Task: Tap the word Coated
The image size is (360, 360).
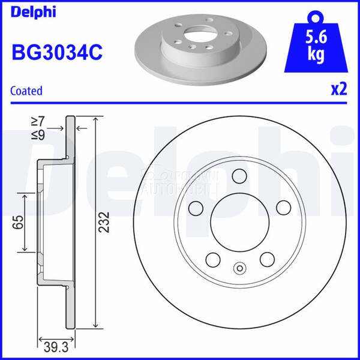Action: click(x=26, y=91)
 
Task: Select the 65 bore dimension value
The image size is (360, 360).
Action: click(x=18, y=223)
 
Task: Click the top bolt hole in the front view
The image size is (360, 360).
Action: click(x=239, y=176)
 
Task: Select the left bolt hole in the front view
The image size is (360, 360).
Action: click(x=195, y=208)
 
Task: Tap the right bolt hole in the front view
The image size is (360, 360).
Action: click(x=283, y=208)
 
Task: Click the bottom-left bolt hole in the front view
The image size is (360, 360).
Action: click(x=212, y=259)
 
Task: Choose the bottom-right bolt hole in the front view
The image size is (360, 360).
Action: click(x=266, y=259)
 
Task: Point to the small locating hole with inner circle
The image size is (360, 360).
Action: click(x=239, y=269)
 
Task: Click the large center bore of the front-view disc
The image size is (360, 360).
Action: click(x=239, y=223)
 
